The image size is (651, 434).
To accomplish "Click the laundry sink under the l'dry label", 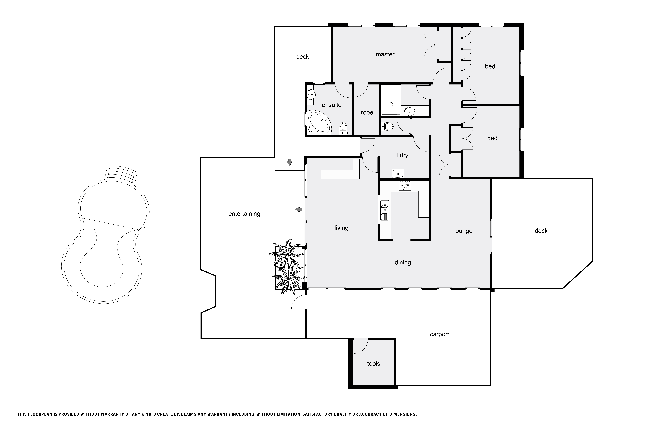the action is [398, 174].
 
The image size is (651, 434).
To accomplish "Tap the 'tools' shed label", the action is [374, 364].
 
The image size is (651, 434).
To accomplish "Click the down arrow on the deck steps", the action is [290, 162].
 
